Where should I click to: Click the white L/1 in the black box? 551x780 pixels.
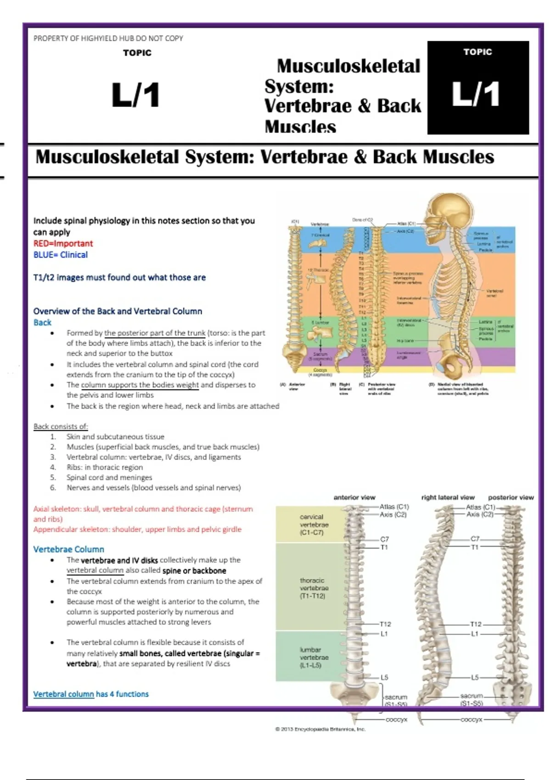point(476,95)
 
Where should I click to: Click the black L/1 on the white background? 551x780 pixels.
point(136,95)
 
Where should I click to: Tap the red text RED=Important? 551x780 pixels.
point(63,243)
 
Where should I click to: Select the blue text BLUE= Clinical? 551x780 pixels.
point(60,255)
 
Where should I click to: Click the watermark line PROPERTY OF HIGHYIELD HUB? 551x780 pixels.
point(108,38)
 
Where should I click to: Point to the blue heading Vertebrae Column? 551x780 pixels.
point(68,549)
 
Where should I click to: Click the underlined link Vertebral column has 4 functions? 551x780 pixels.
point(91,694)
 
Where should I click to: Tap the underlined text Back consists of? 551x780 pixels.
point(61,426)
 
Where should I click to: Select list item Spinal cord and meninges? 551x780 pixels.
point(109,477)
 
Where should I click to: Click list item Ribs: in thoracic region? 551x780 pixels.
point(104,467)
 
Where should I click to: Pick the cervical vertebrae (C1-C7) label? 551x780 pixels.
point(314,524)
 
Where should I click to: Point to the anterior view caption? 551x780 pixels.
point(354,497)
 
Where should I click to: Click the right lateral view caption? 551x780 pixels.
point(448,497)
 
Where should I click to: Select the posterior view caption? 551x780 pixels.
point(511,497)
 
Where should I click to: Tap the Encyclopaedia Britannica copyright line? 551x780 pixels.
point(320,729)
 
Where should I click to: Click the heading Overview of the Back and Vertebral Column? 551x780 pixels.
point(118,311)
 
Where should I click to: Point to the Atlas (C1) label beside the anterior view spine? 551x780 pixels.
point(394,507)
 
